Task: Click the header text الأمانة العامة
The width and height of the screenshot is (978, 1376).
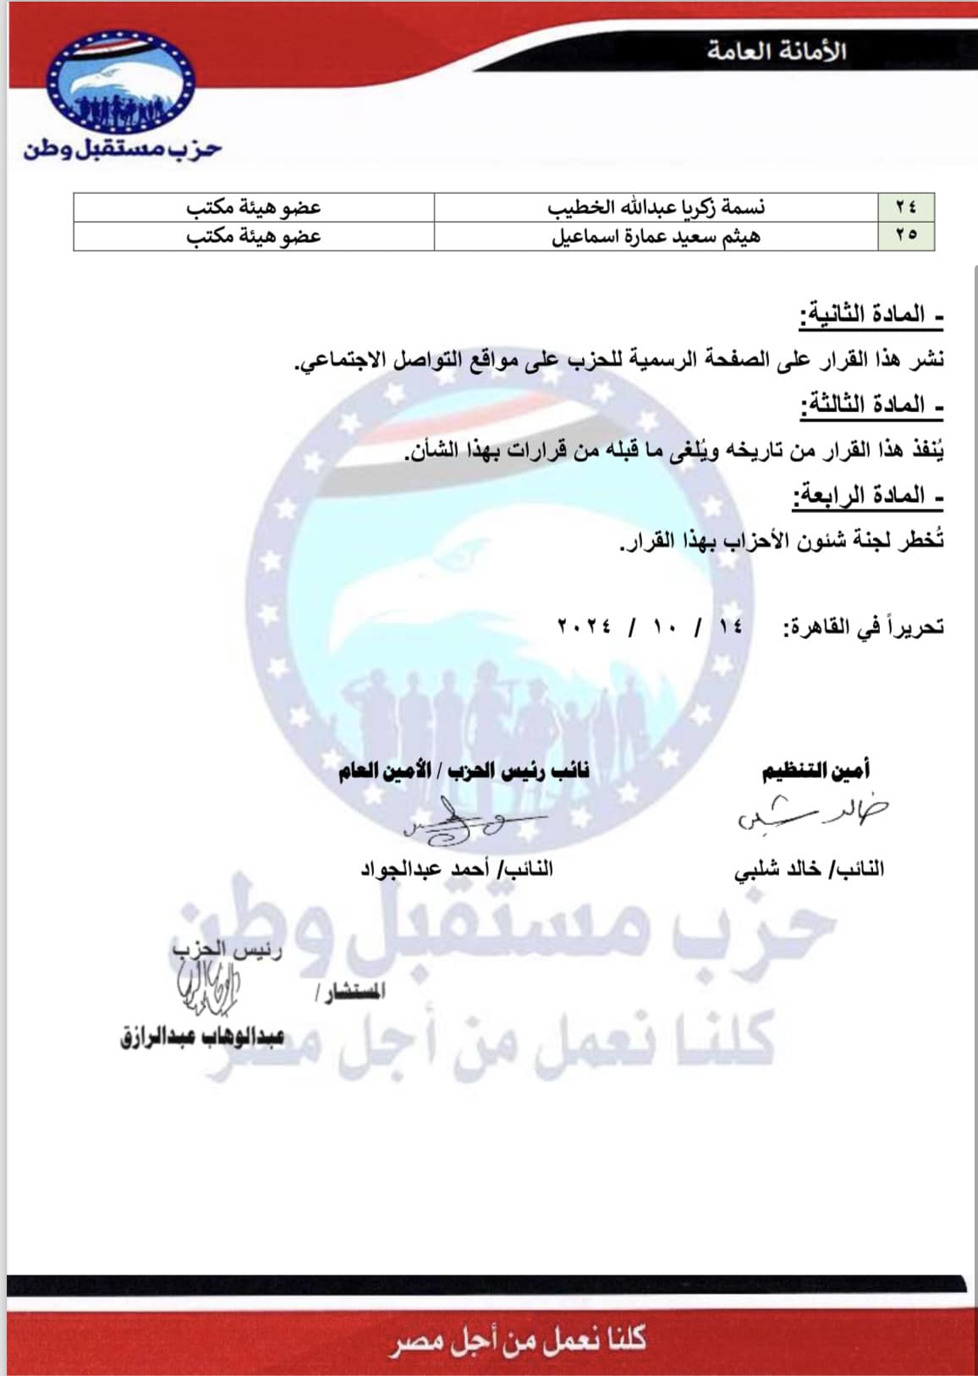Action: [777, 51]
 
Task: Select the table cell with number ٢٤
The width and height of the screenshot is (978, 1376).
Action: [906, 207]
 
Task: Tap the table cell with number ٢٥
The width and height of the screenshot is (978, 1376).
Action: [906, 236]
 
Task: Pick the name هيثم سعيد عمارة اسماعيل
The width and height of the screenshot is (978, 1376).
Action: [656, 236]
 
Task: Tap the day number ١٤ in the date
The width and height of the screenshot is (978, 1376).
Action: [730, 627]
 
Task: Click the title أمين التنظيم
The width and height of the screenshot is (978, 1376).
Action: [816, 771]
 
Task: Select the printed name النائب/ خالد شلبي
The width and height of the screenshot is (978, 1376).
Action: [809, 869]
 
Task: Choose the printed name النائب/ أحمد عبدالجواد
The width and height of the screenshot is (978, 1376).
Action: [457, 869]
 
